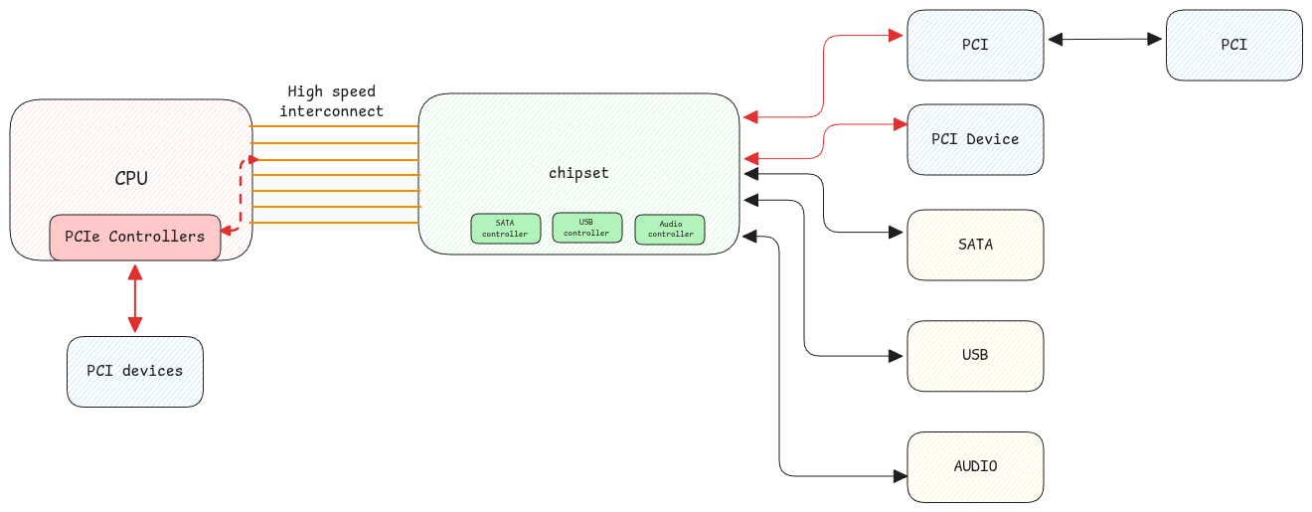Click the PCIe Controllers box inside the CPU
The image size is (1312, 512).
click(135, 238)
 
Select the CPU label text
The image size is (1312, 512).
click(131, 179)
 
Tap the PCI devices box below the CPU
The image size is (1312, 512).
click(135, 371)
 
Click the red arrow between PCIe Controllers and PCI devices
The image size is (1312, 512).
click(134, 298)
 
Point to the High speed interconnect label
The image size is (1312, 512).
click(331, 101)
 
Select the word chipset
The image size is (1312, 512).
click(578, 173)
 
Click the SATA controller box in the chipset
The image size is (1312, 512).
click(505, 229)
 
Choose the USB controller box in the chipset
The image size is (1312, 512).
click(586, 228)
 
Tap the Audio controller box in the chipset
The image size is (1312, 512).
click(670, 230)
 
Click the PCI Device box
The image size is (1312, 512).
click(975, 139)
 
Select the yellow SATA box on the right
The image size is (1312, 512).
click(975, 245)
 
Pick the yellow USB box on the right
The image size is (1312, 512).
click(975, 355)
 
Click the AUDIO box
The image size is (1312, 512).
click(975, 466)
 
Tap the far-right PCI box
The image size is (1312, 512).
click(1233, 45)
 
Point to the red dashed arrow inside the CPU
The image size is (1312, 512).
click(242, 194)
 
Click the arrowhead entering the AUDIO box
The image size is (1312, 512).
click(900, 476)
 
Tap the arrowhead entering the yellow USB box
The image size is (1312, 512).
click(900, 356)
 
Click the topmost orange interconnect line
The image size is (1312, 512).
click(334, 126)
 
